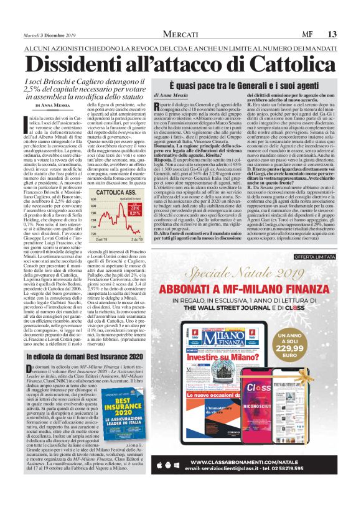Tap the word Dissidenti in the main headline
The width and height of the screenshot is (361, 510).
pyautogui.click(x=86, y=63)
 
